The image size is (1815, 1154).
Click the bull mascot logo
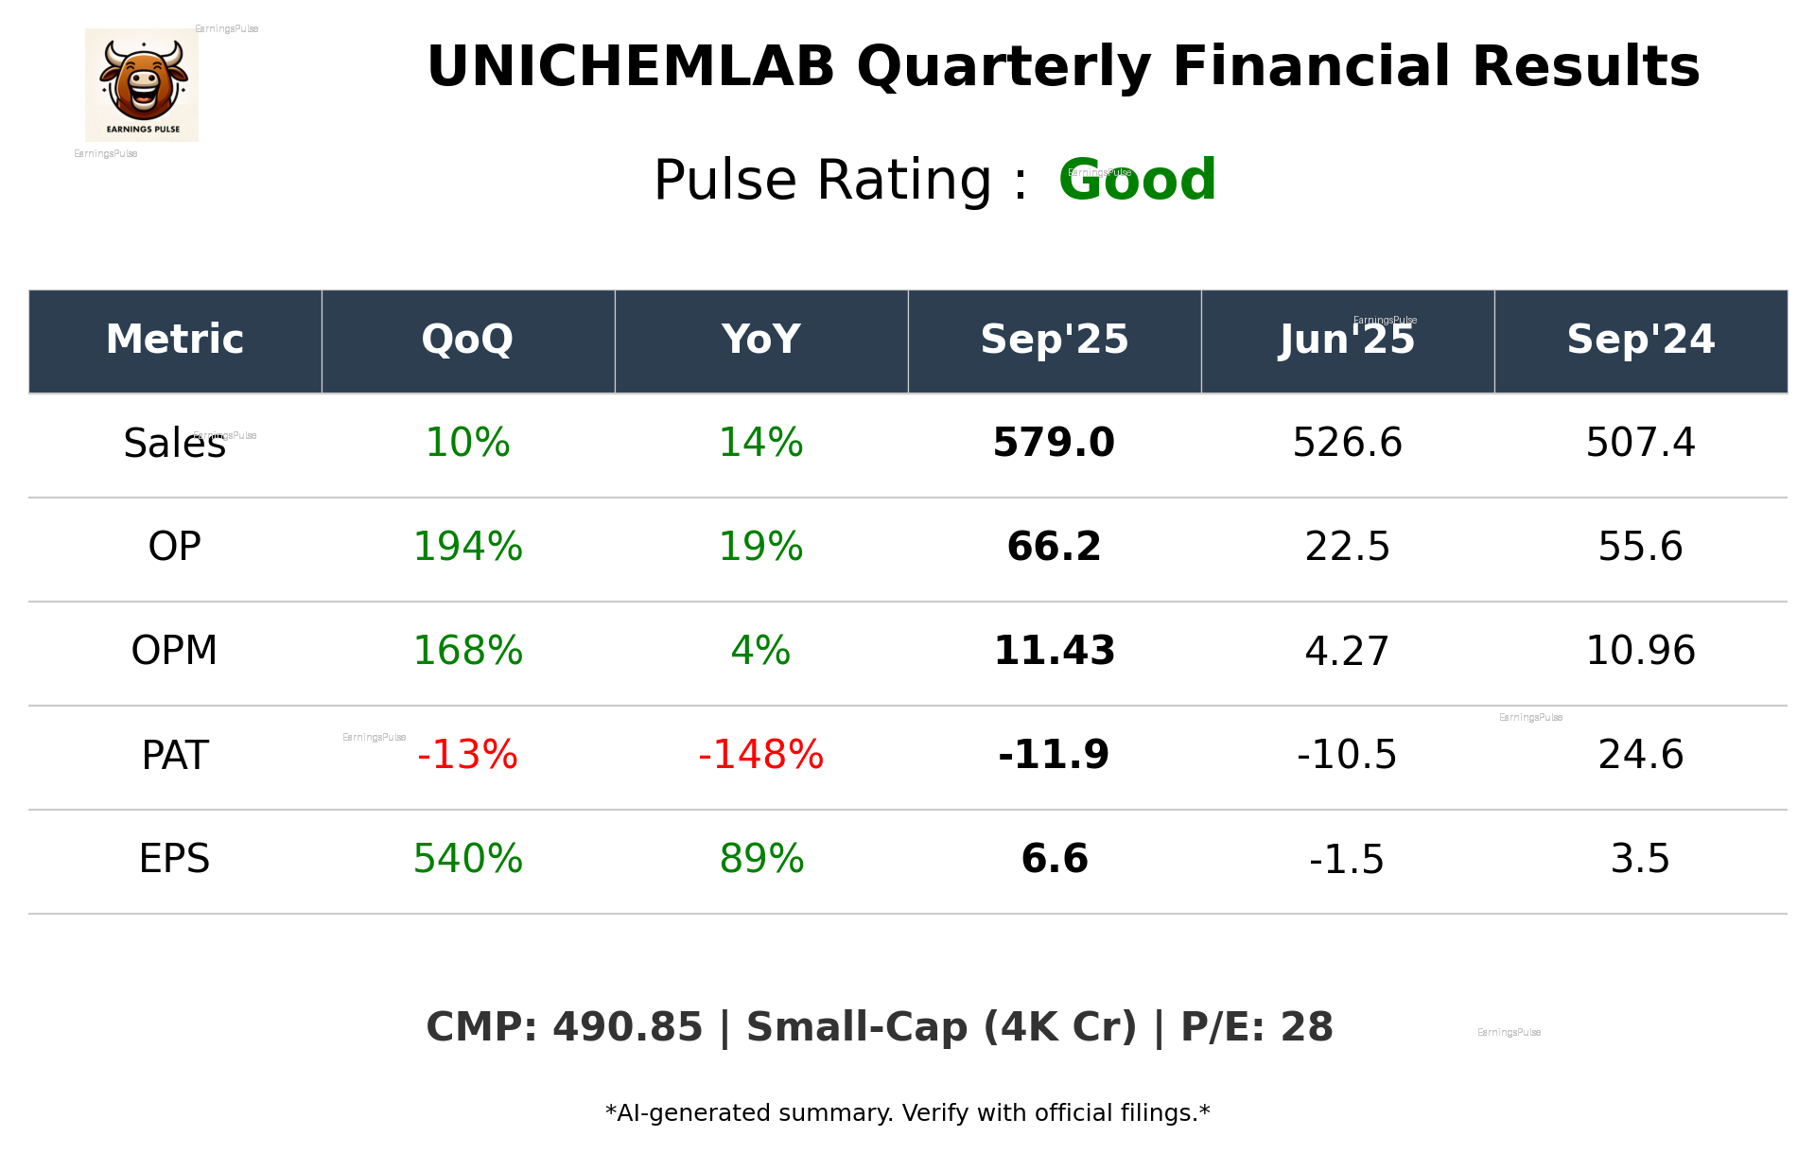click(142, 84)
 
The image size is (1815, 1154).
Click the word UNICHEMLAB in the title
click(631, 67)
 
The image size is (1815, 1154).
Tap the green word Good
click(1137, 180)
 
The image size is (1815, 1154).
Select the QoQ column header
click(467, 340)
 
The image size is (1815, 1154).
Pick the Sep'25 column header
click(1054, 340)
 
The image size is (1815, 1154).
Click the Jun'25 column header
click(1347, 340)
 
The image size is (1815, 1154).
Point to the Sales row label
click(174, 444)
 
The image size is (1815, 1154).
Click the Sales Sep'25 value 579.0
click(1054, 443)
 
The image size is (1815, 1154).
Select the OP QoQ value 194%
click(467, 547)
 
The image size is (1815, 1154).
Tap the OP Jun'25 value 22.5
click(1347, 547)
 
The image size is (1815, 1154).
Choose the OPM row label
click(174, 651)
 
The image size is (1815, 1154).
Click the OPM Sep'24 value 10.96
click(1640, 651)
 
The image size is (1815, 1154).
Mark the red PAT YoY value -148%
click(760, 755)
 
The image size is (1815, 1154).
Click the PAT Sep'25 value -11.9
click(1054, 755)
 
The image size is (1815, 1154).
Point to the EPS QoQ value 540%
click(467, 859)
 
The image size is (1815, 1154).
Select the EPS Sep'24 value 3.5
click(1640, 859)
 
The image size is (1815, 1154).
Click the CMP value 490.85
click(627, 1027)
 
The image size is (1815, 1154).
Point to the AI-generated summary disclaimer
click(907, 1113)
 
